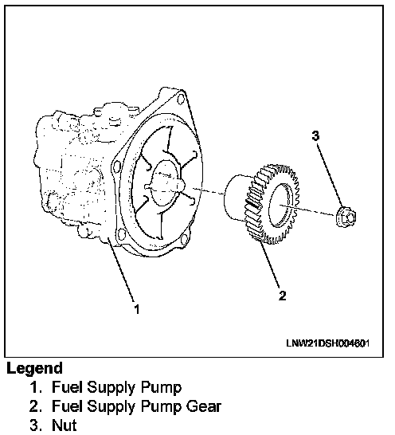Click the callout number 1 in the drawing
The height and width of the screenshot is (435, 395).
coord(137,309)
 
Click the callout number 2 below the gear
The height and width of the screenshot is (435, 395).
coord(282,296)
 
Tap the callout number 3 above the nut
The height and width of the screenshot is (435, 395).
coord(315,136)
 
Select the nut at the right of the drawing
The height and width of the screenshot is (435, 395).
coord(346,216)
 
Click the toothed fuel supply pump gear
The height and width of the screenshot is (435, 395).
coord(271,204)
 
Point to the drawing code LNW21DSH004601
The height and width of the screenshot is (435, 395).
coord(327,343)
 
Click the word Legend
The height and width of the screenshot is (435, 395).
coord(34,368)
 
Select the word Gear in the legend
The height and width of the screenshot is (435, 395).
coord(203,406)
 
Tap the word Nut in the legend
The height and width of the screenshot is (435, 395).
coord(64,425)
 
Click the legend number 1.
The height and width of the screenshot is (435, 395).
coord(36,387)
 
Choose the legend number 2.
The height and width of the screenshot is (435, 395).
coord(36,406)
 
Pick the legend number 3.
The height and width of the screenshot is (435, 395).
coord(36,425)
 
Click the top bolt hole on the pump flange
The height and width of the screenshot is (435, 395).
coord(181,99)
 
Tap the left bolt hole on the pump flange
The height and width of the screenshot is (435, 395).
coord(116,167)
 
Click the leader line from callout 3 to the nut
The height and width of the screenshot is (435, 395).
coord(329,174)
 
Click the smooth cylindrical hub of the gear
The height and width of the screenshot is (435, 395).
coord(236,197)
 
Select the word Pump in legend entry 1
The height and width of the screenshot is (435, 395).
coord(161,387)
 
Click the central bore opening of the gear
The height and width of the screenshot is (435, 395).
coord(280,205)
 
